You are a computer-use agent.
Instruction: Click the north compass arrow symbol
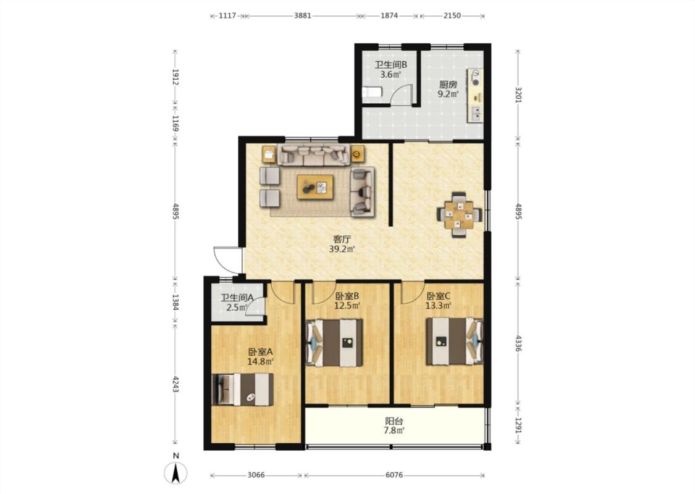tap(176, 473)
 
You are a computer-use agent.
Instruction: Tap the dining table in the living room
tap(460, 215)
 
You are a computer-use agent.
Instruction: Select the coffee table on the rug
tap(315, 187)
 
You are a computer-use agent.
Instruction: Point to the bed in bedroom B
tap(334, 343)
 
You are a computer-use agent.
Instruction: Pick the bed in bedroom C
tap(455, 341)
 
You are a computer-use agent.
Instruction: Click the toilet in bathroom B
tap(371, 92)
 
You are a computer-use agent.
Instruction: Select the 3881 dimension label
tap(303, 15)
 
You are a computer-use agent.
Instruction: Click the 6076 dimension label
tap(394, 475)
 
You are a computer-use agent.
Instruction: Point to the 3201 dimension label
tap(518, 95)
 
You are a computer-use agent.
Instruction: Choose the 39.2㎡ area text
tap(342, 249)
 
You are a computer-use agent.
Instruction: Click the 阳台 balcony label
tap(394, 421)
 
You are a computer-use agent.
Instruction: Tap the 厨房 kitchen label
tap(448, 84)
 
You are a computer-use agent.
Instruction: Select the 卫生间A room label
tap(237, 298)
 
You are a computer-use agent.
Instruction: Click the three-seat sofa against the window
tap(313, 154)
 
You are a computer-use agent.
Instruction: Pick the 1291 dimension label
tap(518, 424)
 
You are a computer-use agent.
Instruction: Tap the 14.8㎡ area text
tap(260, 361)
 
